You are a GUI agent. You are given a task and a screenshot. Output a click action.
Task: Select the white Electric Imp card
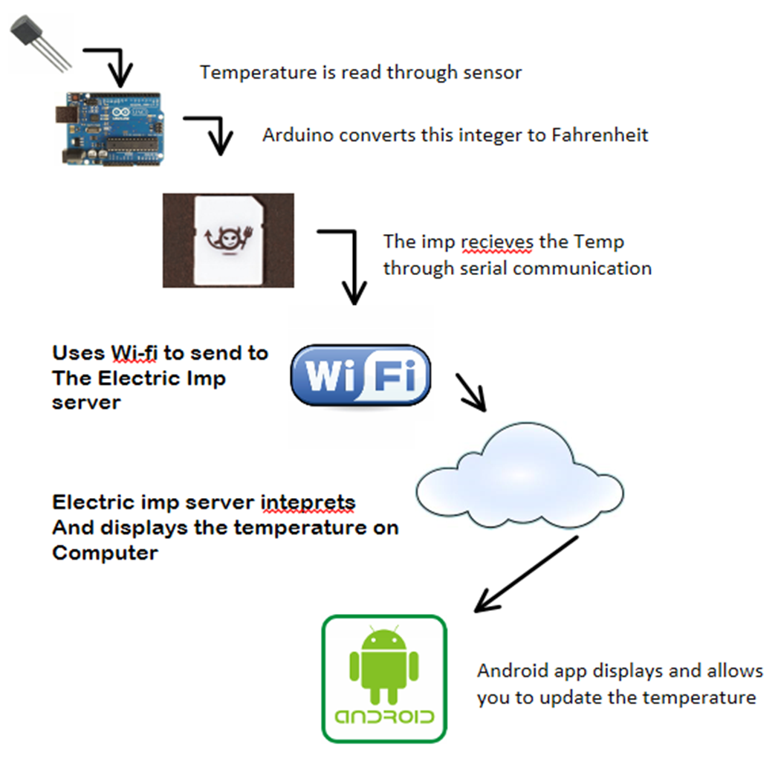(228, 239)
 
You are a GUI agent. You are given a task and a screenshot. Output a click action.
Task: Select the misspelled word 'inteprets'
(308, 502)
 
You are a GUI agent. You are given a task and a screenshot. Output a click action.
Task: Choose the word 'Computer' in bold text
(105, 553)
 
